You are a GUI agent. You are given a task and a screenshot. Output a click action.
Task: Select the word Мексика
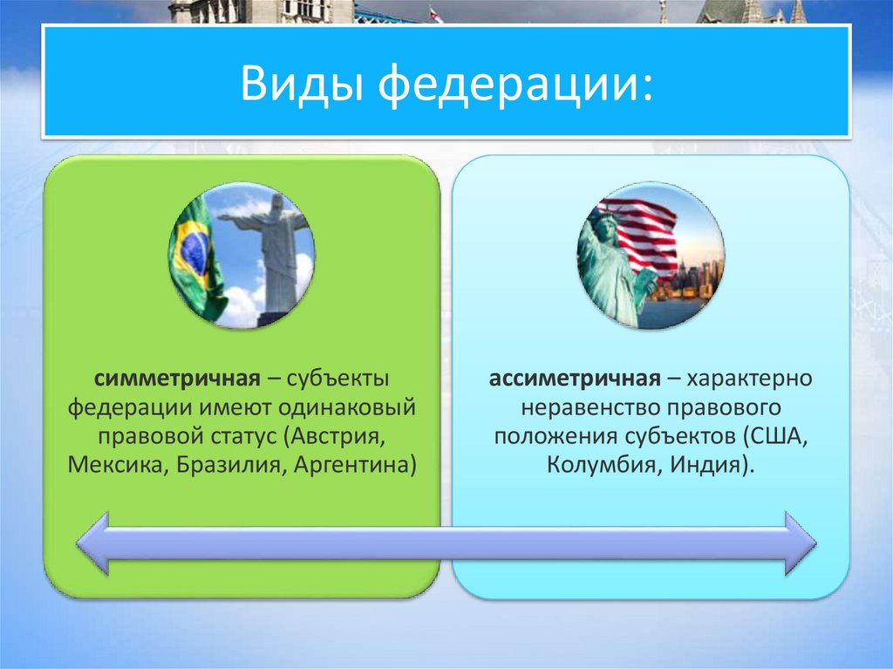coord(117,463)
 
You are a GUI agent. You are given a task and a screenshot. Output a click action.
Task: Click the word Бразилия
coord(233,463)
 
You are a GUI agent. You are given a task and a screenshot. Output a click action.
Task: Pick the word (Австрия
coord(331,435)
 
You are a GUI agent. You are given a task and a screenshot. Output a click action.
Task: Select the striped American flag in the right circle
coord(645,231)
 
